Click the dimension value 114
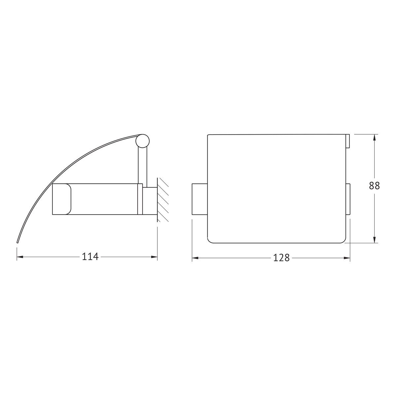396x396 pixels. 90,257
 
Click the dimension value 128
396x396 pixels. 281,258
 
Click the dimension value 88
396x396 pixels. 375,186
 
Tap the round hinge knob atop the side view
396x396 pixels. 143,141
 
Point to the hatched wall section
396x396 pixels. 163,200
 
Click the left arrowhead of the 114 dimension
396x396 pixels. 20,257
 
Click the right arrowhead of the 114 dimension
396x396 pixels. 154,257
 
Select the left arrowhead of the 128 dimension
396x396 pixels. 195,258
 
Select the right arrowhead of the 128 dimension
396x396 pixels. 347,258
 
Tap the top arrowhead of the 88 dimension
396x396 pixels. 375,138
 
